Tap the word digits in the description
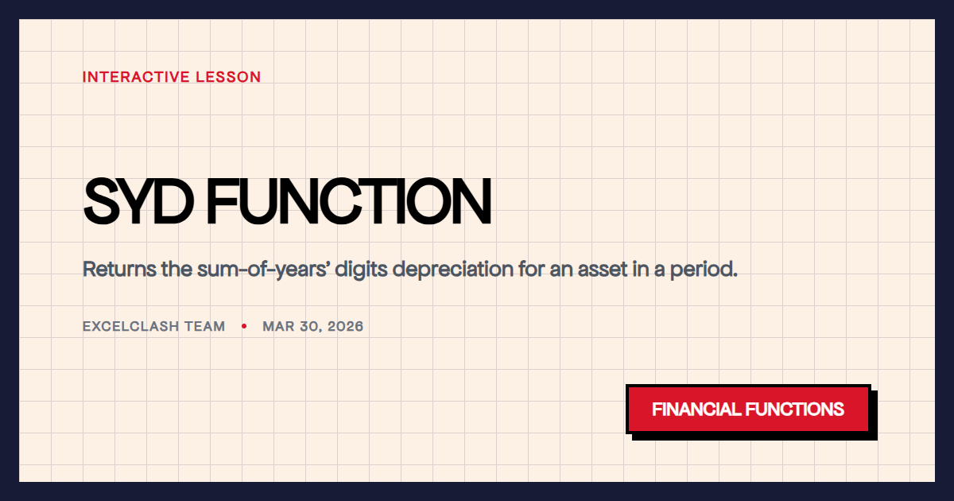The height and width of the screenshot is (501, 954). coord(361,269)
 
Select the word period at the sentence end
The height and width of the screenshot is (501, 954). coord(707,269)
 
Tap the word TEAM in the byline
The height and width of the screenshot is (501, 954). coord(205,326)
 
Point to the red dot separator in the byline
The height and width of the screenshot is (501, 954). coord(244,326)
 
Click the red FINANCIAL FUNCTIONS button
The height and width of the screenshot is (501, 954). coord(748,410)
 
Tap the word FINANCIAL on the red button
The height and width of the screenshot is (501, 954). coord(696,410)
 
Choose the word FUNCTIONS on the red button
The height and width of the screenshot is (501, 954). coord(795,410)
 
